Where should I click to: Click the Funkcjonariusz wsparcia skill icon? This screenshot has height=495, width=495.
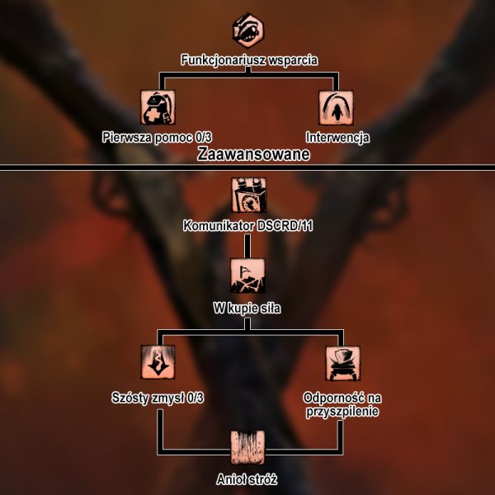248,31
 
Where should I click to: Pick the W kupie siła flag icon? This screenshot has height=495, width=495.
248,275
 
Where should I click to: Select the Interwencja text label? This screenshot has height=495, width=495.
337,136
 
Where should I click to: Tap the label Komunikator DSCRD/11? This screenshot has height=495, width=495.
248,225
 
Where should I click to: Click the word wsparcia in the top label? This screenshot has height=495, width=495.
291,59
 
